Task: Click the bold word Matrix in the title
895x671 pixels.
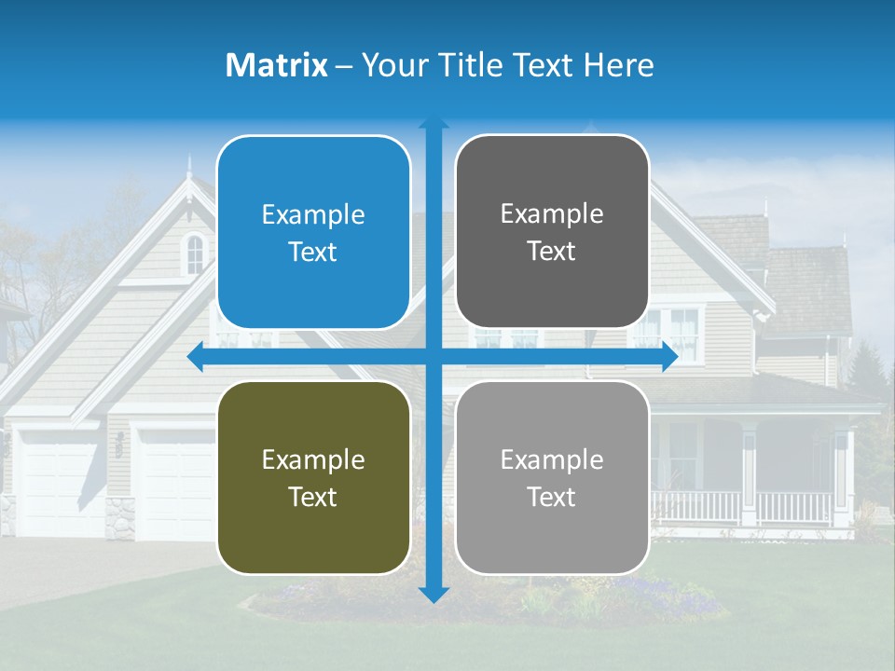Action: click(276, 65)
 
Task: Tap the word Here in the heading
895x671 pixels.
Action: click(619, 65)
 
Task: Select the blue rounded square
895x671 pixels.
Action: click(313, 232)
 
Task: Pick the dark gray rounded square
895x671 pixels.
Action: click(552, 231)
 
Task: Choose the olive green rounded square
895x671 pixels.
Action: click(313, 477)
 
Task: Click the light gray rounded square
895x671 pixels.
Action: click(552, 477)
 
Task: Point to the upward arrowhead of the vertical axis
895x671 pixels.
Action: click(434, 125)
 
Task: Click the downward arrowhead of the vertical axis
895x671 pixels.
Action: click(434, 594)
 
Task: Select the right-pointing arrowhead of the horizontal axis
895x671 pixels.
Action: click(668, 357)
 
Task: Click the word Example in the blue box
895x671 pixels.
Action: click(313, 214)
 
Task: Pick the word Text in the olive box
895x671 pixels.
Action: click(313, 497)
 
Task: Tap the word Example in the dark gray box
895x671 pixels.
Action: click(552, 213)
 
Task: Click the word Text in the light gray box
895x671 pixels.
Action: click(552, 497)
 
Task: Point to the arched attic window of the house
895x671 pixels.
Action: click(194, 253)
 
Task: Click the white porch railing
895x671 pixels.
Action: click(746, 507)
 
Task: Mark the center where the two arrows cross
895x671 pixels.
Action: click(434, 357)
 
